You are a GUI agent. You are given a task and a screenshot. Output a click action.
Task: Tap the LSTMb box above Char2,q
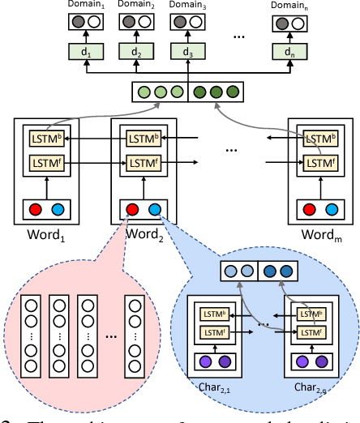tap(309, 314)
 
